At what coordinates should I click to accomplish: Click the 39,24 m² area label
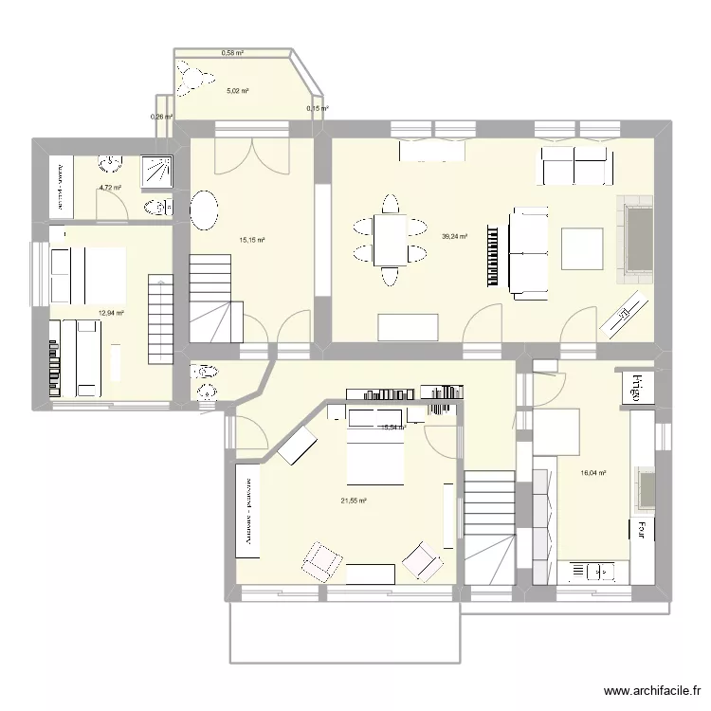click(456, 236)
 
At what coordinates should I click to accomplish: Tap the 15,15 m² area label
click(251, 241)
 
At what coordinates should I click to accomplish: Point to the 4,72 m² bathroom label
click(112, 189)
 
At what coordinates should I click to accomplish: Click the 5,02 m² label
click(237, 92)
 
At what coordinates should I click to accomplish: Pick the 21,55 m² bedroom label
click(355, 501)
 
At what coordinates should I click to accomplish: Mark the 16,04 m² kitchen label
click(594, 472)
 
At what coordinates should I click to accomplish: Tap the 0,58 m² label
click(232, 53)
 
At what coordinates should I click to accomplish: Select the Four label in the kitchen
click(642, 528)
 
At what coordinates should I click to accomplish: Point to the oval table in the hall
click(205, 210)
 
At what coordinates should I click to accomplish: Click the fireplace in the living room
click(636, 239)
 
